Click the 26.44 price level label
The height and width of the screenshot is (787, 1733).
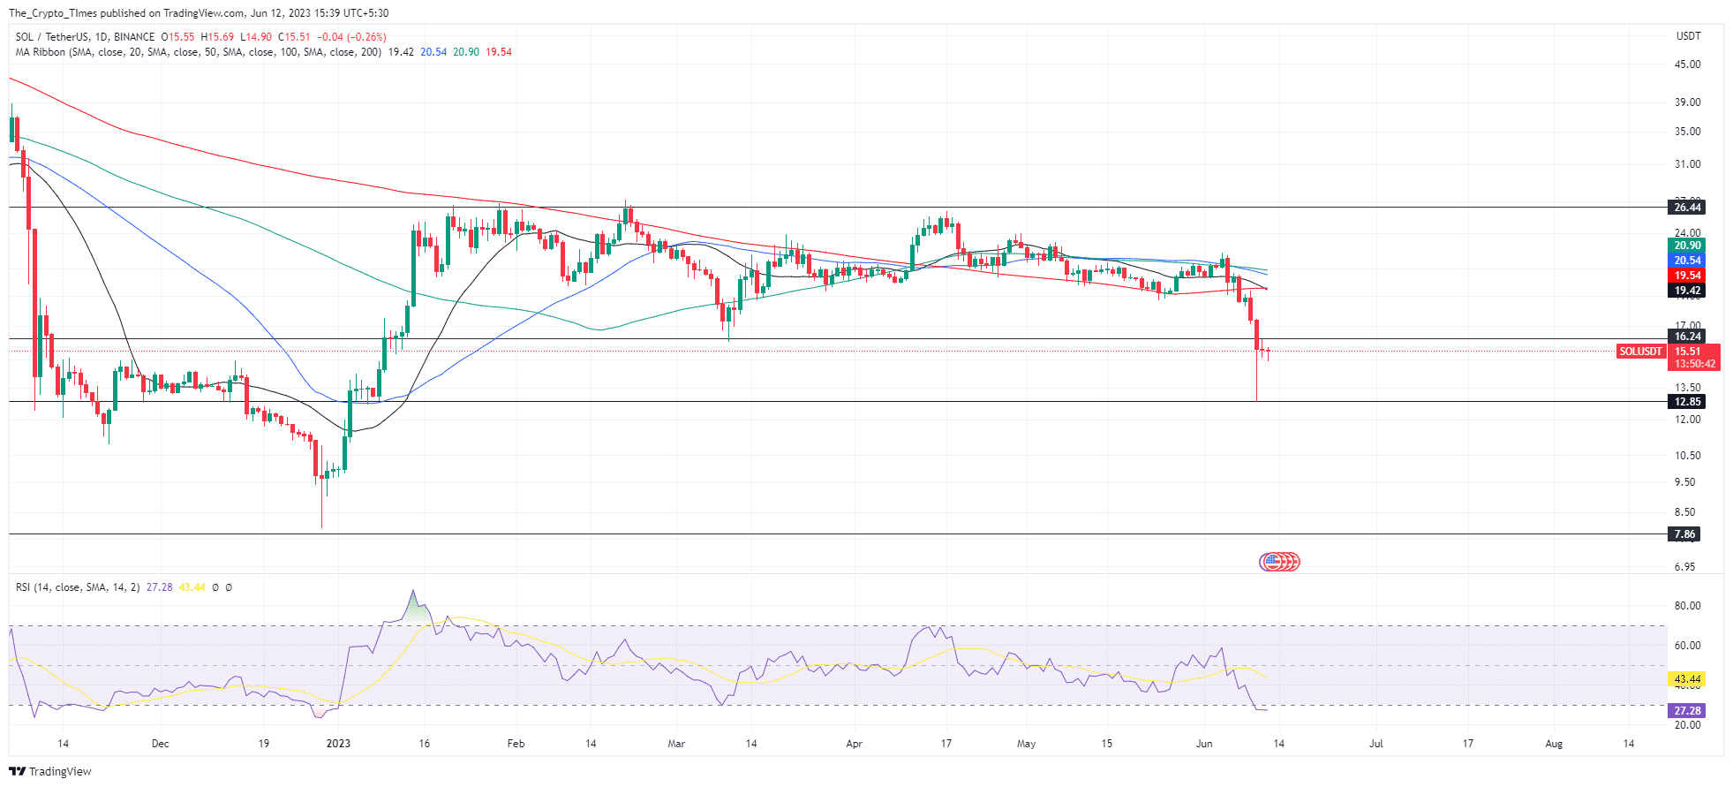tap(1687, 208)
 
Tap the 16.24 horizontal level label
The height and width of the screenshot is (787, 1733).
tap(1687, 337)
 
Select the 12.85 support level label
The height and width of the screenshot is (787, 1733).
tap(1687, 402)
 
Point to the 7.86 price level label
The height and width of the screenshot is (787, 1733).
tap(1684, 534)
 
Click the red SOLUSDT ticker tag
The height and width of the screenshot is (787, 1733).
tap(1640, 352)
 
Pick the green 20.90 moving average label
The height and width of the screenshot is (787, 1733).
tap(1687, 246)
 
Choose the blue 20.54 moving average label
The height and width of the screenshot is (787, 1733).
tap(1687, 261)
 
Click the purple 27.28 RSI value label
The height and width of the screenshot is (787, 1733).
tap(1687, 711)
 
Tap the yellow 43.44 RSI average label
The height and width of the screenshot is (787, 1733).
tap(1687, 680)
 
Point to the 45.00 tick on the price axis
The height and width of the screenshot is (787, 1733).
tap(1687, 64)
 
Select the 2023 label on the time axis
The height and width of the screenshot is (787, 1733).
tap(338, 744)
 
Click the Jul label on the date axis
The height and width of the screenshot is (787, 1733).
tap(1375, 744)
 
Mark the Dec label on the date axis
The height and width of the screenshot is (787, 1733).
tap(160, 744)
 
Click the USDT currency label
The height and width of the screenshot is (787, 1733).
tap(1688, 36)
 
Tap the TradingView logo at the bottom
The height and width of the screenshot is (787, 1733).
tap(50, 771)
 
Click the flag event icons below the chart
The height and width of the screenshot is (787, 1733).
tap(1279, 562)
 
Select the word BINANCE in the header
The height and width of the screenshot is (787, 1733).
tap(134, 37)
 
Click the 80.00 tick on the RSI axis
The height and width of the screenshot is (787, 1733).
tap(1687, 606)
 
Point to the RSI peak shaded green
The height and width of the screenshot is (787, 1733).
tap(415, 608)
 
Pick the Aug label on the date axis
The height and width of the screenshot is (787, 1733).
tap(1553, 744)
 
